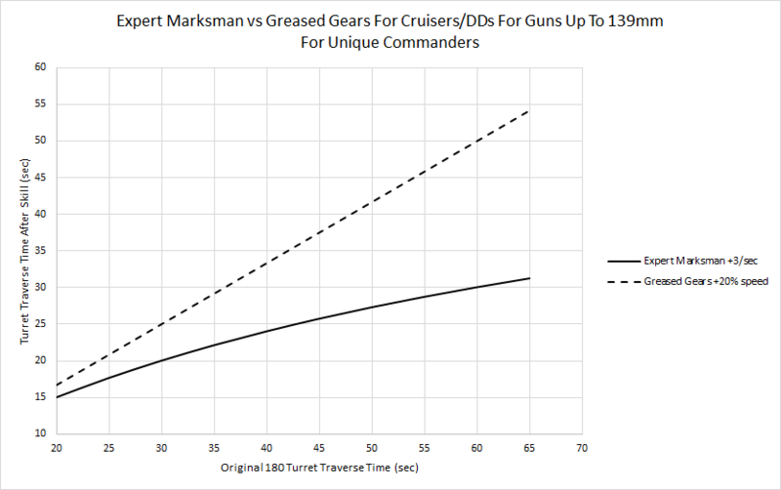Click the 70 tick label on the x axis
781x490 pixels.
pos(582,448)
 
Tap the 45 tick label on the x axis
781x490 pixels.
pos(317,448)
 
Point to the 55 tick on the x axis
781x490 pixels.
pos(423,448)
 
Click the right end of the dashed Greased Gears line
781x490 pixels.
pos(529,110)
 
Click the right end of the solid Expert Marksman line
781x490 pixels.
pos(529,278)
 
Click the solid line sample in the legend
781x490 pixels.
pos(622,262)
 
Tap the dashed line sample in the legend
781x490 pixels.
pos(622,282)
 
